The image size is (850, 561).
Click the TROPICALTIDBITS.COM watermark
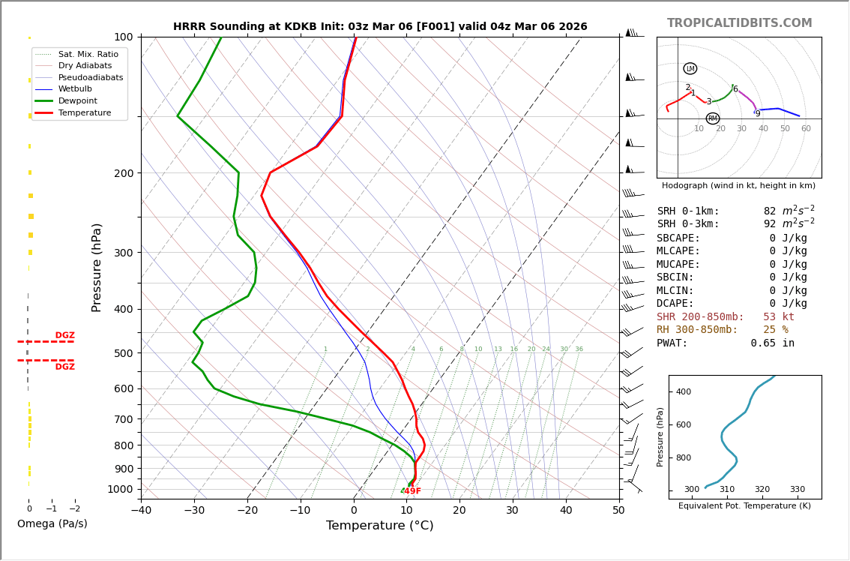[x=739, y=23]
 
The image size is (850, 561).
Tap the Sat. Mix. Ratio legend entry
[x=88, y=54]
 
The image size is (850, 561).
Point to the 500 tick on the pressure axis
[x=123, y=353]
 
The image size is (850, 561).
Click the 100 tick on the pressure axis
[x=123, y=37]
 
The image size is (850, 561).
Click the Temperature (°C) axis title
[x=379, y=526]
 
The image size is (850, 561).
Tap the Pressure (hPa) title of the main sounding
[x=97, y=267]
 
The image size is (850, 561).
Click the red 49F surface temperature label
[x=412, y=491]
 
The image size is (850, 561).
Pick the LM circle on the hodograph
[x=690, y=69]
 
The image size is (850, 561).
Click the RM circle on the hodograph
[x=713, y=118]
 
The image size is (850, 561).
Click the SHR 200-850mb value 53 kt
[x=779, y=317]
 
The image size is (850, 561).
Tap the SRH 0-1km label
[x=688, y=211]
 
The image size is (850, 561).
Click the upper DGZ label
[x=64, y=335]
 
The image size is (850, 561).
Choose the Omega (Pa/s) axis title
[x=52, y=524]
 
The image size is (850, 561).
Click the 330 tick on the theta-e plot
[x=797, y=490]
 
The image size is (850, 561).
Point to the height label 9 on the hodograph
[x=758, y=114]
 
